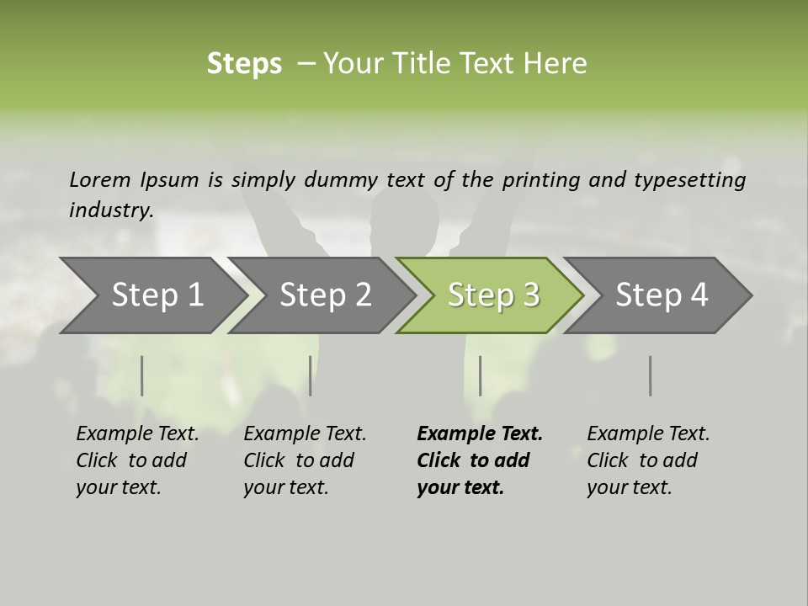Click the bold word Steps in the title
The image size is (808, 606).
(244, 64)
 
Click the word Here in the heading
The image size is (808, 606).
(556, 63)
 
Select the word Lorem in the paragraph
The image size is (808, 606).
(100, 179)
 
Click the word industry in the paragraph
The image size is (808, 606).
(110, 210)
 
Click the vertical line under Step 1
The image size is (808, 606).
(142, 375)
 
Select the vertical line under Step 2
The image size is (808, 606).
(311, 375)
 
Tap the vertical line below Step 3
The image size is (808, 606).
(481, 375)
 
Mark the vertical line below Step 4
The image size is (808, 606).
(651, 375)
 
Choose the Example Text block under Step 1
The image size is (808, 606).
(137, 460)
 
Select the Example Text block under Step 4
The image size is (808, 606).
(648, 460)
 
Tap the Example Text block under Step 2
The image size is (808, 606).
(305, 460)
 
